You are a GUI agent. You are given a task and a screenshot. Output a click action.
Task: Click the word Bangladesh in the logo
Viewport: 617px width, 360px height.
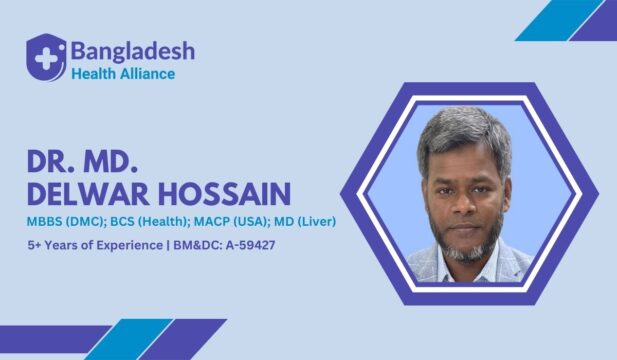(132, 50)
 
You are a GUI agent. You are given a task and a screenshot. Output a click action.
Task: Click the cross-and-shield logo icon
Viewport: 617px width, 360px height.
(45, 57)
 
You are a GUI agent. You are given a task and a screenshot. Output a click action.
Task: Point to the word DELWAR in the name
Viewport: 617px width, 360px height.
(85, 194)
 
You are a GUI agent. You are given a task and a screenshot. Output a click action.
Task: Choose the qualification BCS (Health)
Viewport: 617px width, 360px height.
(145, 219)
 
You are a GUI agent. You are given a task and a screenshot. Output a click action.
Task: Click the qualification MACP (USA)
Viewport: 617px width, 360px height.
(231, 219)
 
